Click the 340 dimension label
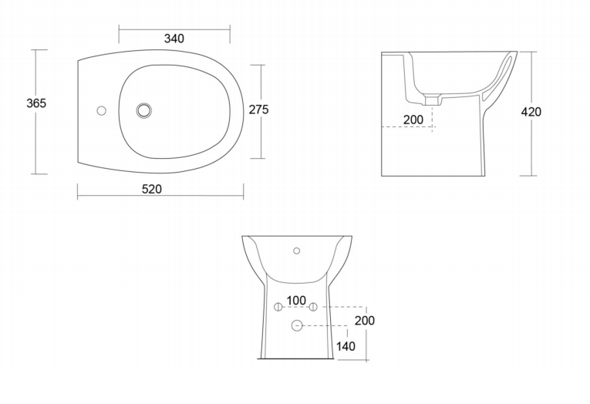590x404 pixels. click(x=174, y=39)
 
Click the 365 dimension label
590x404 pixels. click(x=36, y=103)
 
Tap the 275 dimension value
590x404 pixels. click(x=259, y=109)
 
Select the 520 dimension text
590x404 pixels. click(x=152, y=189)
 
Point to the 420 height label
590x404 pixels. click(x=531, y=112)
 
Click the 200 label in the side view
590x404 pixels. click(x=413, y=120)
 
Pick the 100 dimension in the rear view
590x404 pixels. click(x=296, y=301)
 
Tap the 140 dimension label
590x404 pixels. click(x=346, y=346)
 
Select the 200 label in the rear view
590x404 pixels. click(x=365, y=321)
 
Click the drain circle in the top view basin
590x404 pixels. click(x=143, y=110)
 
